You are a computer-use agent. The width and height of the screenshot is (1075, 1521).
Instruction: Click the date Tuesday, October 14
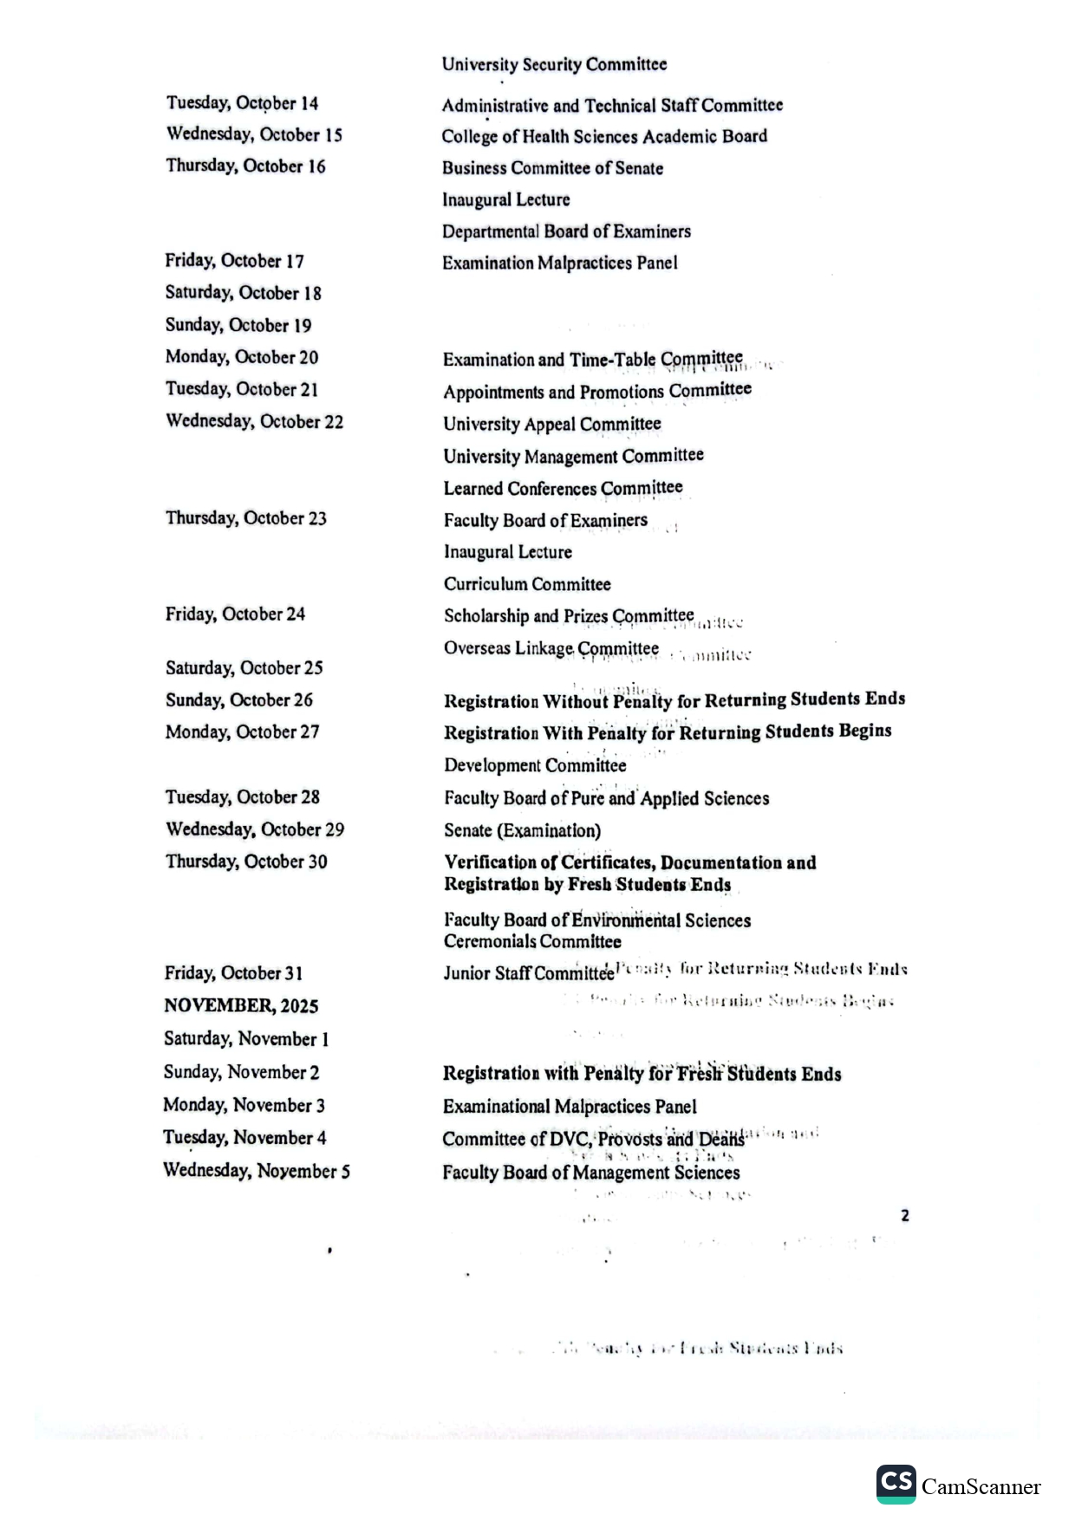point(242,103)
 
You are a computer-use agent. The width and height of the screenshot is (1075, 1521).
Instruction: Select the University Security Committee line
point(554,64)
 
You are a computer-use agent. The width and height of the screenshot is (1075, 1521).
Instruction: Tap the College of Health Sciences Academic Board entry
point(604,136)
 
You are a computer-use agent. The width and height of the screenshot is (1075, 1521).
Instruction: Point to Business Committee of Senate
point(552,168)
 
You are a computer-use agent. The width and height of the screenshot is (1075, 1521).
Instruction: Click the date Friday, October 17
point(234,261)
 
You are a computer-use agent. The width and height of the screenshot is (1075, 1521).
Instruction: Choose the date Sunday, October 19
point(238,325)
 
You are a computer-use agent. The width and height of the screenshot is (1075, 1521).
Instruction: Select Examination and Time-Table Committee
point(592,359)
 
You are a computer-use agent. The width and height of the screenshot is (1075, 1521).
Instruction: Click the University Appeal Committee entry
point(552,424)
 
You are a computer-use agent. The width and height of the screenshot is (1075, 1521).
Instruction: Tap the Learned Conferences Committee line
point(563,488)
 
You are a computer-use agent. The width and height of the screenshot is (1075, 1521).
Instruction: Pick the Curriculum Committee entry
point(527,584)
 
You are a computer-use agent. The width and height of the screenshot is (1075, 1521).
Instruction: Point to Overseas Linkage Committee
point(551,648)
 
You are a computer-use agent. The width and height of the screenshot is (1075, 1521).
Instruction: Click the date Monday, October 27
point(242,732)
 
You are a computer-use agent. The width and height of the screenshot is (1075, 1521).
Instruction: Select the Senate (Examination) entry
point(522,830)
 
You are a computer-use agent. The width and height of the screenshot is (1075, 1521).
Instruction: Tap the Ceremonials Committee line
point(532,941)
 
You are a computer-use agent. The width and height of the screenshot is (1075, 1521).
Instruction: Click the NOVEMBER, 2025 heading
point(241,1006)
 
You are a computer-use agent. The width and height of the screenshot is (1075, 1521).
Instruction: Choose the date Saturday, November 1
point(246,1038)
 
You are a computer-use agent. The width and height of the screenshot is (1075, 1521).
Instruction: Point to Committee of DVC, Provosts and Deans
point(593,1139)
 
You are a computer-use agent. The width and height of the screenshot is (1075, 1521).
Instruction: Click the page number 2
point(905,1215)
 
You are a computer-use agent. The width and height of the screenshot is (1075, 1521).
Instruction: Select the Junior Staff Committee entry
point(529,973)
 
